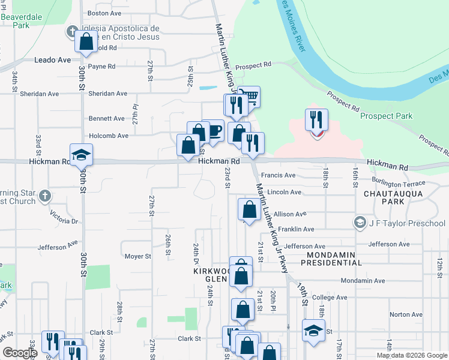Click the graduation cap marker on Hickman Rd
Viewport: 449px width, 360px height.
coord(81,155)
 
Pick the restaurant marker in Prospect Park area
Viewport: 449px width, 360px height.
coord(316,119)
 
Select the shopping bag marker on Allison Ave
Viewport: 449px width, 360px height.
coord(249,210)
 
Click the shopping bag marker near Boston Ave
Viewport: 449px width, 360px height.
coord(86,41)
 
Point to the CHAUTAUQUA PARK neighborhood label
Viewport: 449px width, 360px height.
coord(393,197)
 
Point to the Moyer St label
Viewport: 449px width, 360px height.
coord(138,256)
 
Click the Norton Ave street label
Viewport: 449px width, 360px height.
coord(406,314)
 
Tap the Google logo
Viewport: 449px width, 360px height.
coord(20,353)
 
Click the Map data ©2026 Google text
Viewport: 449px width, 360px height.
coord(411,355)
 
